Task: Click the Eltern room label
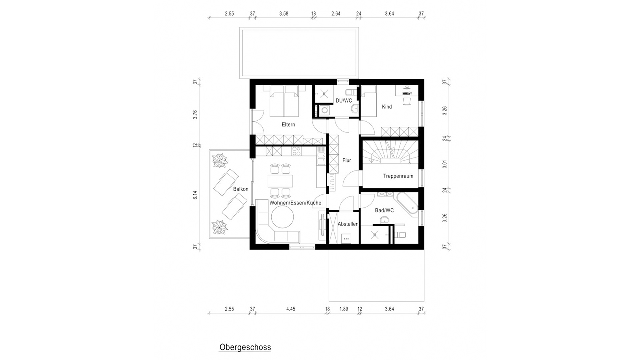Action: (x=288, y=125)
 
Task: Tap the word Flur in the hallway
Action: (x=347, y=160)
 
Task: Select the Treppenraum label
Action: (x=398, y=176)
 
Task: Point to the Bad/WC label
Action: (x=384, y=210)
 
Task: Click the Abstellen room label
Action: (x=348, y=224)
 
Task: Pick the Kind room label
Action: (x=387, y=107)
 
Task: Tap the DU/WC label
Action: (x=344, y=101)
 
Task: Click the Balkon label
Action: (x=241, y=189)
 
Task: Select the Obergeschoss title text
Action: (x=245, y=347)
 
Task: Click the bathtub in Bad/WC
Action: (x=407, y=204)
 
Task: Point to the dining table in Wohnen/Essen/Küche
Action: (x=280, y=181)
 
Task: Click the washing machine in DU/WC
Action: (x=324, y=110)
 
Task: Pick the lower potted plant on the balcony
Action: (x=220, y=227)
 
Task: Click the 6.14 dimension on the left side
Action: (x=195, y=195)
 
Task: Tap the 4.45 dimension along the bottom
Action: (x=291, y=309)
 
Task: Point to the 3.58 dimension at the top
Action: (x=284, y=14)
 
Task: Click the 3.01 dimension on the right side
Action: (x=444, y=164)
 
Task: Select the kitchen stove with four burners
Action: (x=296, y=151)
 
